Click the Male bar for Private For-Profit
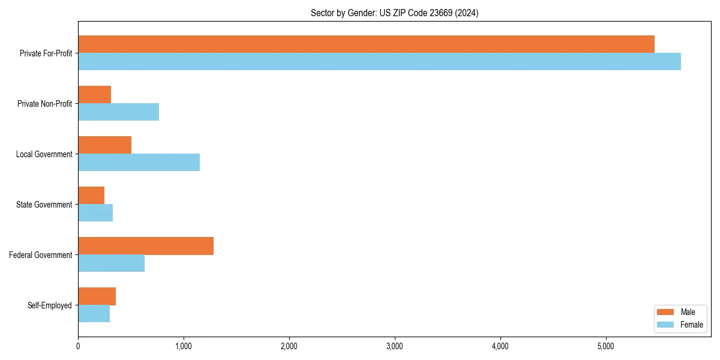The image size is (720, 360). tap(366, 44)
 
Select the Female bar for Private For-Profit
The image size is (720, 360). tap(379, 62)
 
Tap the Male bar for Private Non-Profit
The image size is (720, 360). tap(95, 95)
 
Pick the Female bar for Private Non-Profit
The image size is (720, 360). tap(118, 112)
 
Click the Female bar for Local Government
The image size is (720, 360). tap(139, 163)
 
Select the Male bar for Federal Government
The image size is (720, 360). tap(146, 246)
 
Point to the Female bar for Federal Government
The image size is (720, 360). tap(111, 263)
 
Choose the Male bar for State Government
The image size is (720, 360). tap(91, 196)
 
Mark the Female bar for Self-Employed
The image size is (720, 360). tap(94, 314)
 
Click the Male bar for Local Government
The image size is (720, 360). tap(104, 145)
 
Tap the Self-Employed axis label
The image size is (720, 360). tap(50, 305)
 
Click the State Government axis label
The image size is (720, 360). tap(44, 205)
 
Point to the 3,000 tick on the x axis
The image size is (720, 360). tap(395, 346)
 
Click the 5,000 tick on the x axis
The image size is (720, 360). tap(606, 346)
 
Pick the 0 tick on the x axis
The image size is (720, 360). tap(78, 346)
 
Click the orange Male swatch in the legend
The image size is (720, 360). tap(666, 312)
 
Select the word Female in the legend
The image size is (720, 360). tap(692, 325)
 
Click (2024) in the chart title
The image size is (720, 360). tap(467, 13)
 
